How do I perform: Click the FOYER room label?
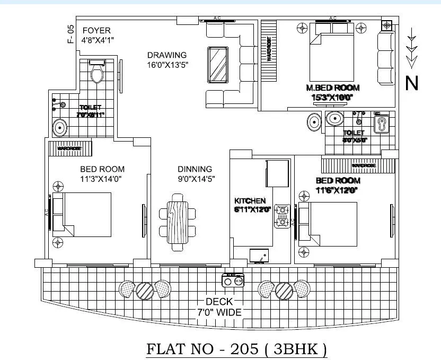[96, 31]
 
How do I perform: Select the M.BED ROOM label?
[333, 87]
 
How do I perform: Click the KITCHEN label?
[250, 201]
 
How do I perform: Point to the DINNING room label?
[195, 169]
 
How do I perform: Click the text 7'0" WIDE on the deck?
[219, 312]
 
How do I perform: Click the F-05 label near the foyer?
[71, 34]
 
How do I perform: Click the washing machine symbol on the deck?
[233, 280]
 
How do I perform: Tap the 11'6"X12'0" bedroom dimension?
[337, 190]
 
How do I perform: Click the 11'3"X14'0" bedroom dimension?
[101, 179]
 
